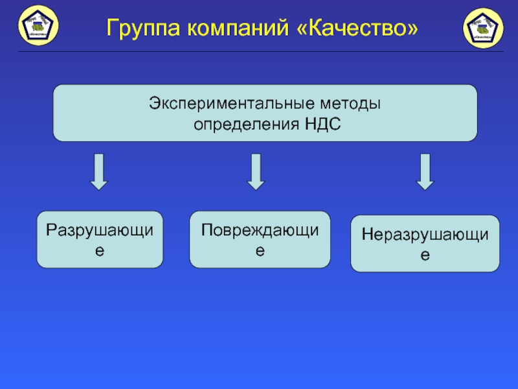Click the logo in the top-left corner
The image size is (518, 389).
(39, 25)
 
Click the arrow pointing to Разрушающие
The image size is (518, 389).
(98, 171)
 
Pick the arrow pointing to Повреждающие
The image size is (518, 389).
(256, 171)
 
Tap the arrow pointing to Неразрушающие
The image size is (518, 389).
(425, 171)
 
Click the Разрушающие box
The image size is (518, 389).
(100, 239)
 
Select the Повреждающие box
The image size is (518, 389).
(260, 239)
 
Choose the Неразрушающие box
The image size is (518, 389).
(425, 243)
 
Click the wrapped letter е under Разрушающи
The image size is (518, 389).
(100, 250)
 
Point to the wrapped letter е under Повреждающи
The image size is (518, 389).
(260, 250)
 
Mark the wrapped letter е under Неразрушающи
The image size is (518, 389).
(425, 255)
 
